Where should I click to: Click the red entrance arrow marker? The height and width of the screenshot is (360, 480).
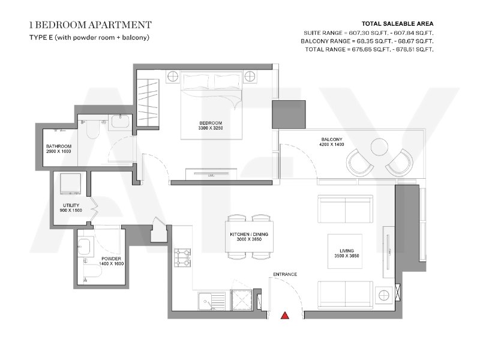[x=285, y=316]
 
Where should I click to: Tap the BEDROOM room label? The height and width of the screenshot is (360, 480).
[x=211, y=123]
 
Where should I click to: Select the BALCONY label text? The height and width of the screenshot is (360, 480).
[x=332, y=139]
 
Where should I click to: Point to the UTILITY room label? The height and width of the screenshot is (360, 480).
[x=71, y=205]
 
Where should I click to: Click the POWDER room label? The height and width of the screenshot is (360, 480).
[x=112, y=259]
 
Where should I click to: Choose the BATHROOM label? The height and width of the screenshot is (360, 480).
[x=59, y=146]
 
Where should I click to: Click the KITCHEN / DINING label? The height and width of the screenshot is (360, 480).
[x=249, y=234]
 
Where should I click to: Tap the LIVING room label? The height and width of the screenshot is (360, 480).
[x=347, y=251]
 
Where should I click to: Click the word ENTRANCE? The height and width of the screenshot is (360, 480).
[x=285, y=274]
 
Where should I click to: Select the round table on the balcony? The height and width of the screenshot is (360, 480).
[x=380, y=147]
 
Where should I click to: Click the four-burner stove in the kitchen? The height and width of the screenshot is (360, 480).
[x=182, y=258]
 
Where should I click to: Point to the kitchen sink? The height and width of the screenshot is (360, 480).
[x=212, y=301]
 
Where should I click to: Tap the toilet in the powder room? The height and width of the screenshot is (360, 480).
[x=92, y=271]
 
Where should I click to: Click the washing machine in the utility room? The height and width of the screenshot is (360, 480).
[x=71, y=184]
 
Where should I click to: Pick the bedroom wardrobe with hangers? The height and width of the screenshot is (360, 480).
[x=148, y=103]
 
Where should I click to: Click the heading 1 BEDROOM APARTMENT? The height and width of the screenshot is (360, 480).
[x=91, y=25]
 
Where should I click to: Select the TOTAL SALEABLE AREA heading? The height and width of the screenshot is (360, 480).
[x=398, y=23]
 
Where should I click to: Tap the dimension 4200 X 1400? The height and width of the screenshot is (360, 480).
[x=332, y=145]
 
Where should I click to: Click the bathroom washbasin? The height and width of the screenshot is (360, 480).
[x=122, y=122]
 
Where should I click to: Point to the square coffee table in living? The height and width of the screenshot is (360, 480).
[x=345, y=251]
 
